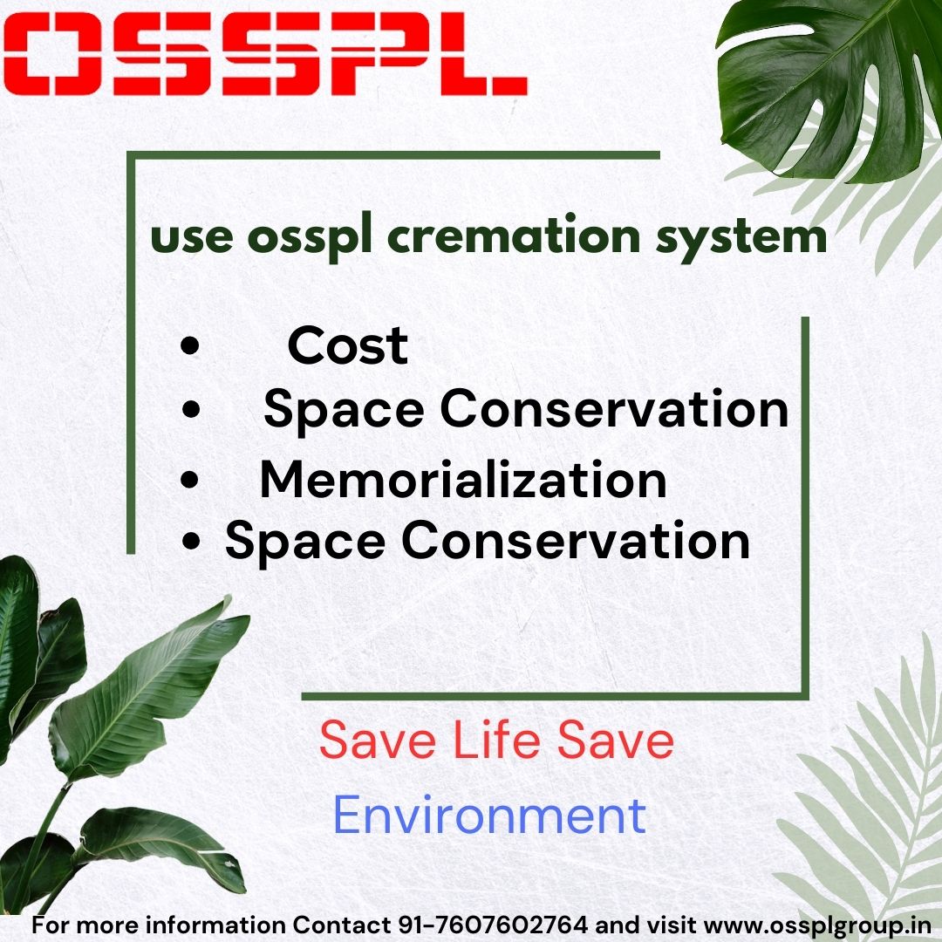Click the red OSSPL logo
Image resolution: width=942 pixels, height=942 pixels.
[265, 53]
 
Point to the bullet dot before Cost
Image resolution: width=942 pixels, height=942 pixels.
[190, 346]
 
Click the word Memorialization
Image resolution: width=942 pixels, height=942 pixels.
[463, 479]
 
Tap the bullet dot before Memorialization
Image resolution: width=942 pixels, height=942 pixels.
[189, 480]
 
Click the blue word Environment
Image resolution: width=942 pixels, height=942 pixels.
[489, 815]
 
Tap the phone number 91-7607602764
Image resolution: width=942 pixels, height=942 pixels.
[493, 925]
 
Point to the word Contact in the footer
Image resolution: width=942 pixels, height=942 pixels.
[342, 925]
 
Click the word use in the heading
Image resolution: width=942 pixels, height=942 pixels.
[192, 238]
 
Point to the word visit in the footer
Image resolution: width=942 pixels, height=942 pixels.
[672, 925]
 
